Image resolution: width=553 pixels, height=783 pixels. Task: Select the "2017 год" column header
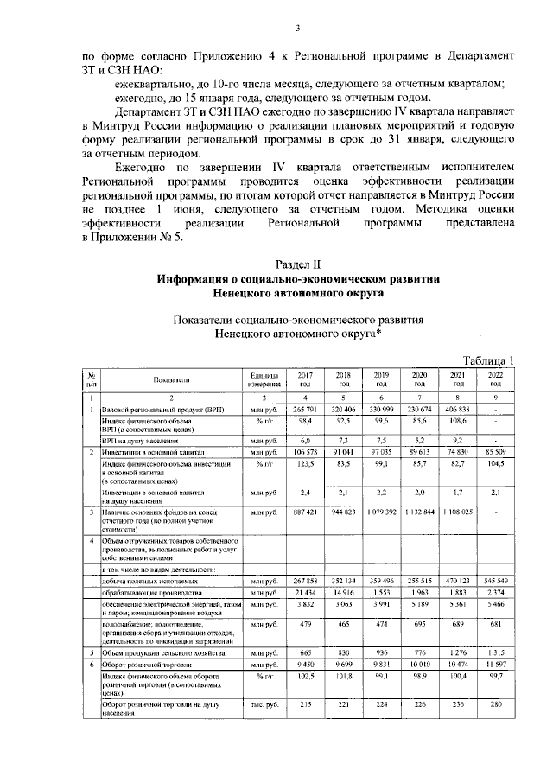pos(305,379)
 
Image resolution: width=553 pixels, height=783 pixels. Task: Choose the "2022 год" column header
pos(495,379)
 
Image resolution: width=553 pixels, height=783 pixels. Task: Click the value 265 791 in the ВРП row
pos(305,408)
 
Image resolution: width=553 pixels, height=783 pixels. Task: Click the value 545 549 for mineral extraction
pos(495,580)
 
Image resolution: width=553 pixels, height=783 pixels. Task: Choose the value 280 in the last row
pos(495,706)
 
